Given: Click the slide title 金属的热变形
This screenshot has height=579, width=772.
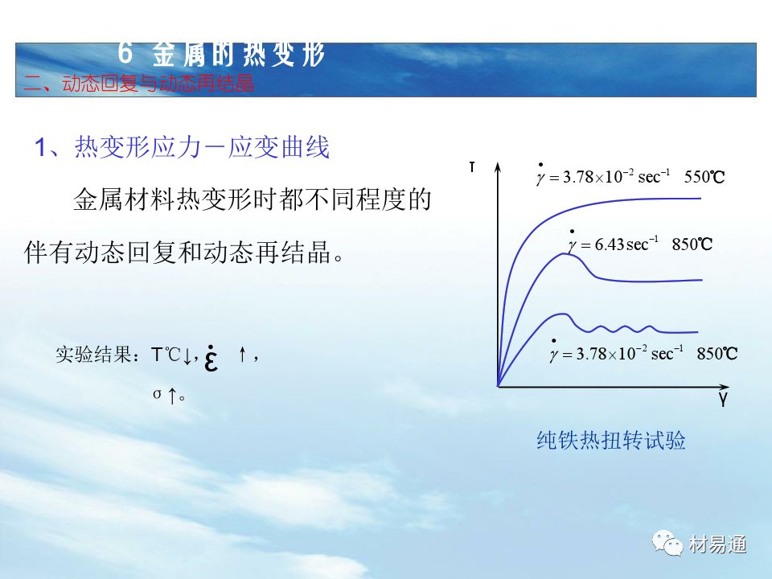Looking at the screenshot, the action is tap(238, 54).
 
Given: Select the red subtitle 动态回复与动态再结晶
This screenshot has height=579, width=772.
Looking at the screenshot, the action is tap(158, 84).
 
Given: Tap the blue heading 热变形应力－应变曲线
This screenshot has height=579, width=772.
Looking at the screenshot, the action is tap(202, 147).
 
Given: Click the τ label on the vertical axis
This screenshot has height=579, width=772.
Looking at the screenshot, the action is tap(472, 167).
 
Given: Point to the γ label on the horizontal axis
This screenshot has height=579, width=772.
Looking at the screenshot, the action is tap(723, 399).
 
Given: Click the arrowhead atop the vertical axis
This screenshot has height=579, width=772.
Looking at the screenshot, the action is tap(498, 167).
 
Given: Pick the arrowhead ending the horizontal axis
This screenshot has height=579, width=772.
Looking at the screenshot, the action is tap(724, 387).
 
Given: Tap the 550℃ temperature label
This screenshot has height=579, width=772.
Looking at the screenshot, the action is tap(704, 177).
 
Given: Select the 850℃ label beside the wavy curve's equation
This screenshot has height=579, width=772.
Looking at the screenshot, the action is tap(717, 354).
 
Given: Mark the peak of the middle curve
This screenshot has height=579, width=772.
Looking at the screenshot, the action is tap(564, 254).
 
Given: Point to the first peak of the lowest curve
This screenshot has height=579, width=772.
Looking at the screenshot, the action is tap(561, 314).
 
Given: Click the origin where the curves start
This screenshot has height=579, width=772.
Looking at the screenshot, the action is tap(499, 386).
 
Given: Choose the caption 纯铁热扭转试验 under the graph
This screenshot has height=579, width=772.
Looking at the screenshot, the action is tap(611, 440).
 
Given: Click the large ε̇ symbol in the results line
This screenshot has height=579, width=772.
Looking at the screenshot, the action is tap(211, 358).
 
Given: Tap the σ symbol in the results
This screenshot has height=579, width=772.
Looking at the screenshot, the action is tap(157, 394).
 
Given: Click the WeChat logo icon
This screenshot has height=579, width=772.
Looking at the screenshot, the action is tap(667, 543).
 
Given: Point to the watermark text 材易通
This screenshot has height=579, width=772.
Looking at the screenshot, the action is tap(717, 544).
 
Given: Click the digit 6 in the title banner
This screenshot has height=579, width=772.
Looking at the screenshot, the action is tap(125, 53).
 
